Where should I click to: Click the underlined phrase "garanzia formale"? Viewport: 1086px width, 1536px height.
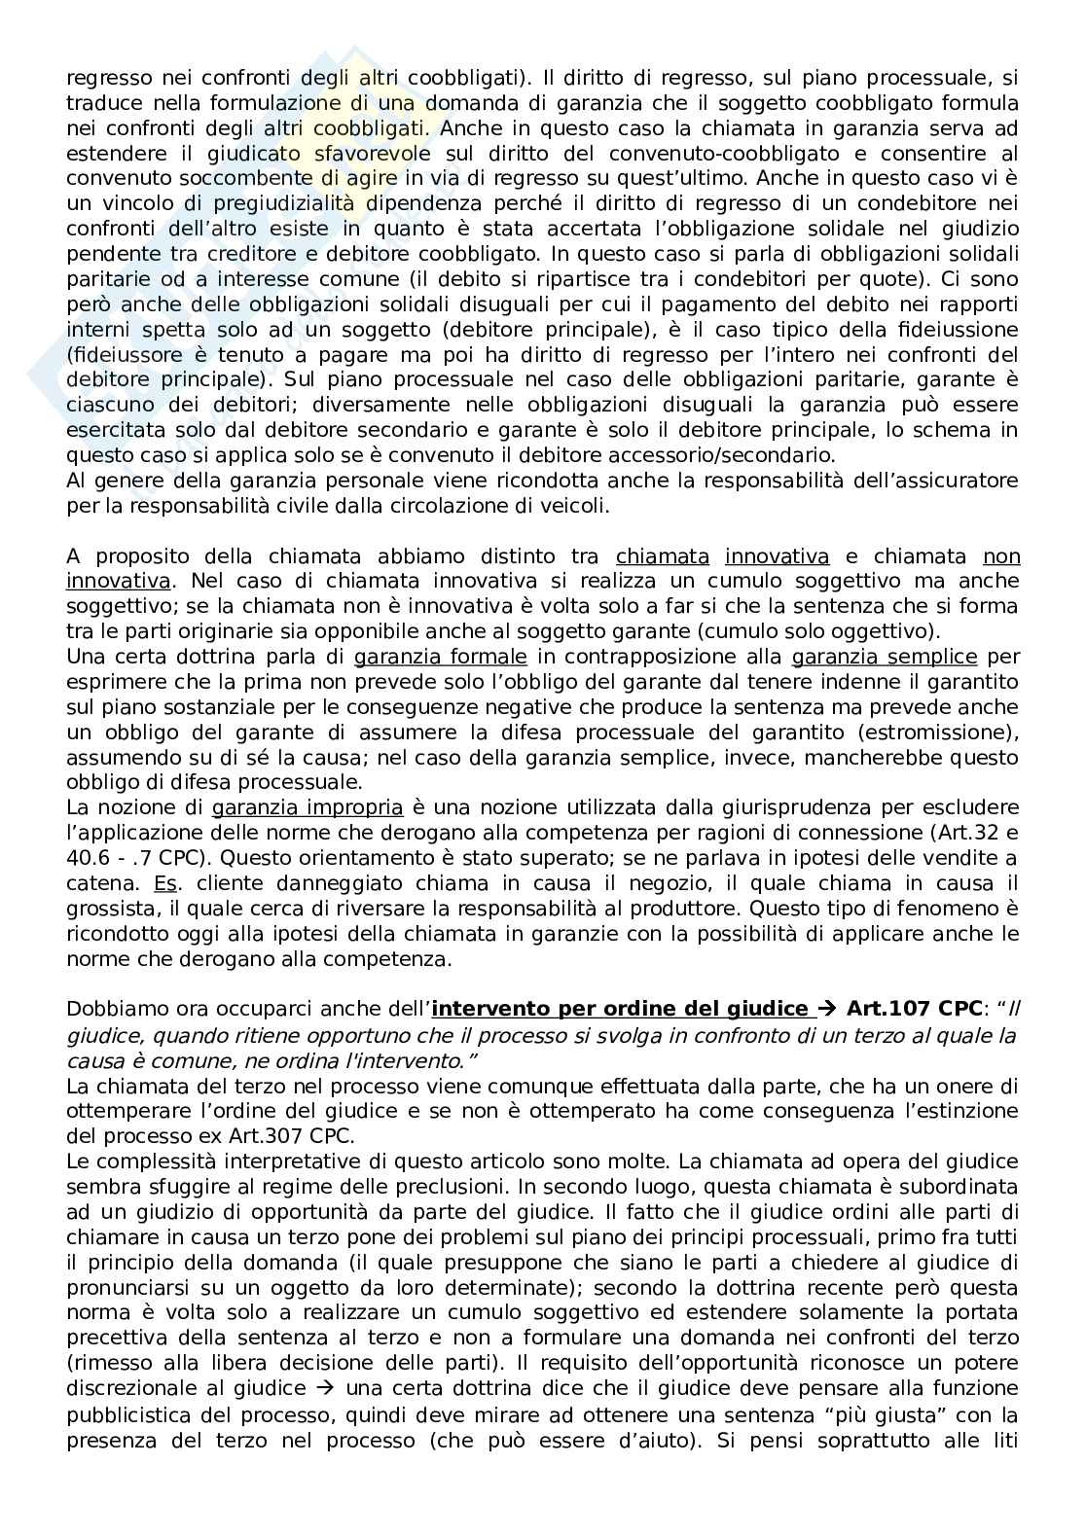click(440, 657)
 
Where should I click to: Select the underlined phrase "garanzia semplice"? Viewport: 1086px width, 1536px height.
click(885, 657)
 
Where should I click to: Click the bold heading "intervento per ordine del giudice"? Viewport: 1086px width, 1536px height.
click(628, 1009)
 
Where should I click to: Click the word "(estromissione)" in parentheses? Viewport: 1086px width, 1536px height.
click(942, 732)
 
